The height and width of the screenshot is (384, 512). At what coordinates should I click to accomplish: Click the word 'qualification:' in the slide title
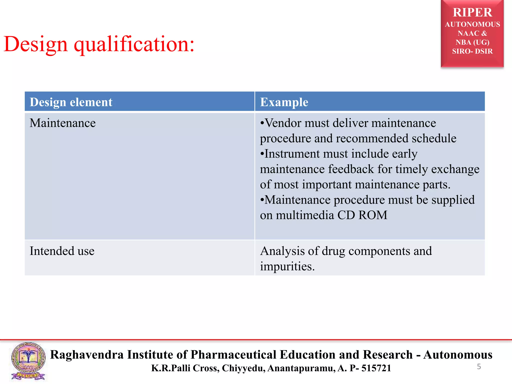pyautogui.click(x=134, y=44)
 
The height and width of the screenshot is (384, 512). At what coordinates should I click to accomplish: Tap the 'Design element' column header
pyautogui.click(x=71, y=102)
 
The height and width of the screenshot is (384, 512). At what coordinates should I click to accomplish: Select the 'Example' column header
pyautogui.click(x=284, y=102)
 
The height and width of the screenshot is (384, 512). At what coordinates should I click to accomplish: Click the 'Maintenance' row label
pyautogui.click(x=62, y=123)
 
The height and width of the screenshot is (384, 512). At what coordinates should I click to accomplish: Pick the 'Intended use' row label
pyautogui.click(x=62, y=251)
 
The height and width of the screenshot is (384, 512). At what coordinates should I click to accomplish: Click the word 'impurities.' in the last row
pyautogui.click(x=287, y=266)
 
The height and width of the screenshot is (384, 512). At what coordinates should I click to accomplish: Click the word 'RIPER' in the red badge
pyautogui.click(x=472, y=12)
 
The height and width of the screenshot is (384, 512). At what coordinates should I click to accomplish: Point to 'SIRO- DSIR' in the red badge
pyautogui.click(x=472, y=51)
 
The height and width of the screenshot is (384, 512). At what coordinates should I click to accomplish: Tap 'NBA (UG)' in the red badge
pyautogui.click(x=472, y=42)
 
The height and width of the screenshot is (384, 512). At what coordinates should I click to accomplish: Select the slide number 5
pyautogui.click(x=479, y=366)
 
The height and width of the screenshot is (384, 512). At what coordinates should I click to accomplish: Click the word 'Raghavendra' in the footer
pyautogui.click(x=87, y=354)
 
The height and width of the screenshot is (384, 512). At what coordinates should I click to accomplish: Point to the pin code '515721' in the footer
pyautogui.click(x=376, y=368)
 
